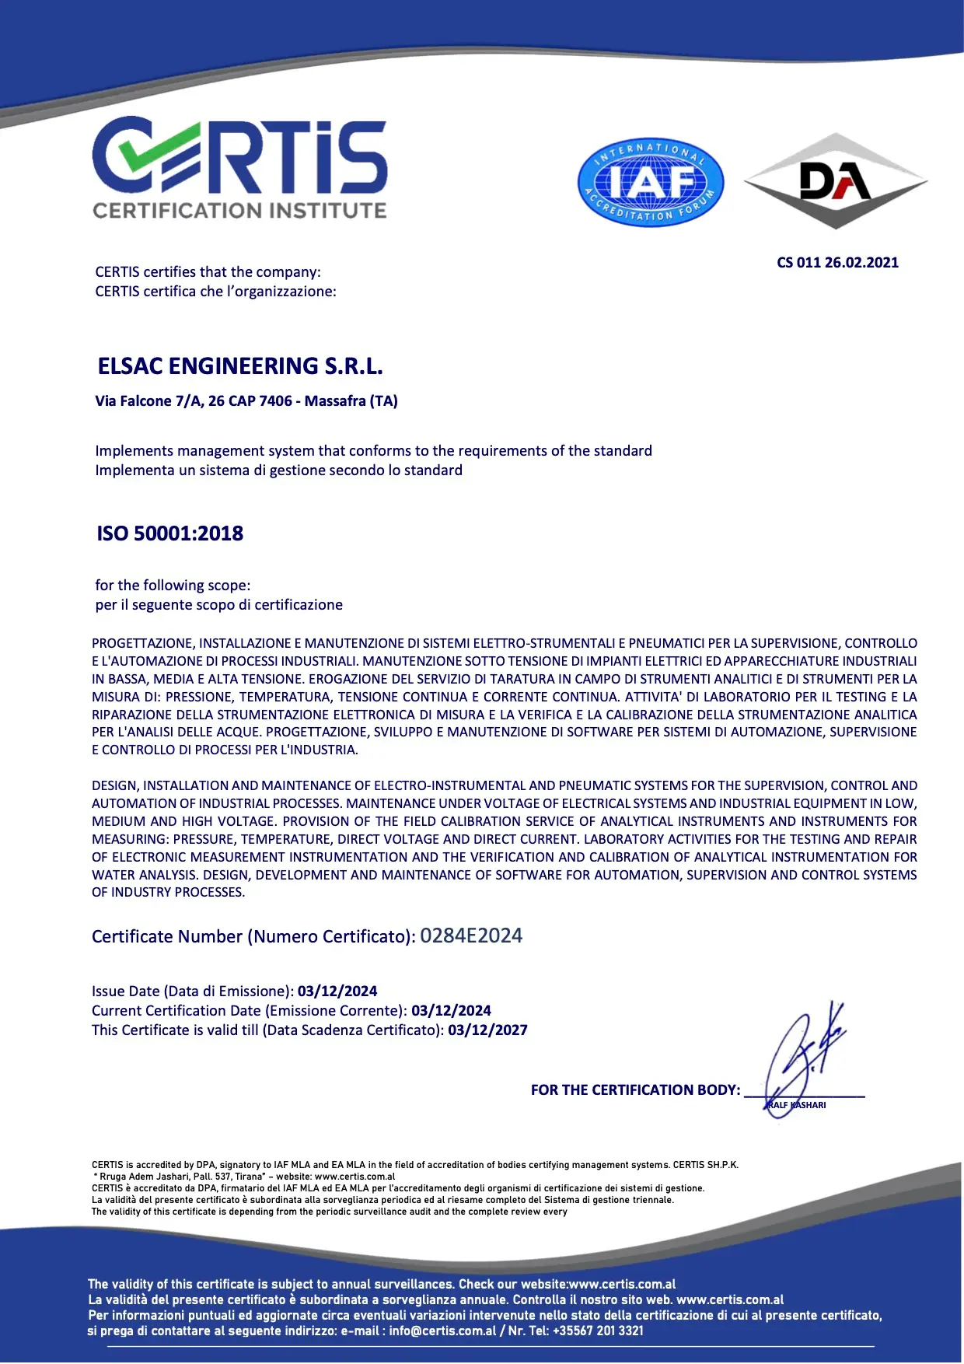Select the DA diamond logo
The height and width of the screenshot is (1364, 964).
[x=836, y=181]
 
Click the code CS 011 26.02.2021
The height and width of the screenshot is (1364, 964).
[x=837, y=263]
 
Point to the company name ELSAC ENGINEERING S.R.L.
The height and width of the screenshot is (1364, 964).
[x=240, y=366]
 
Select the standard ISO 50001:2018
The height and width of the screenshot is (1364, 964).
[x=169, y=533]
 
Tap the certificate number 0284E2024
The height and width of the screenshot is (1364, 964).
[x=471, y=936]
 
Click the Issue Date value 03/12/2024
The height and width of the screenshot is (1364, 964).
[x=337, y=992]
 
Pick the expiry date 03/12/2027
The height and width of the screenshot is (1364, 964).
[x=487, y=1030]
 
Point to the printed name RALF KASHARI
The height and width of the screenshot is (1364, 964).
[x=797, y=1105]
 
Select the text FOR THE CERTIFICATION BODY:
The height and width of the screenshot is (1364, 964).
[x=635, y=1090]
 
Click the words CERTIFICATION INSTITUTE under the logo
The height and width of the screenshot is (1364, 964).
[x=239, y=211]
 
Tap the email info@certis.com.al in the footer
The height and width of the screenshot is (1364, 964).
[x=442, y=1331]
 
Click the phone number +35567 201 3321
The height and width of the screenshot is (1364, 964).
[x=598, y=1331]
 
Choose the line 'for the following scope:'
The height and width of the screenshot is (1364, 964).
[x=173, y=586]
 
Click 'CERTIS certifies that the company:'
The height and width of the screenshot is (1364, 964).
[x=208, y=272]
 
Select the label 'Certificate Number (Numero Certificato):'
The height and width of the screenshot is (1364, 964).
[x=253, y=937]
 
